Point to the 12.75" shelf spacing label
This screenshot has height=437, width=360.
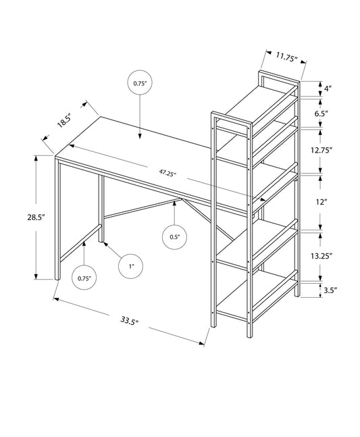330,149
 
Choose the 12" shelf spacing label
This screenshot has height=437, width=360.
326,201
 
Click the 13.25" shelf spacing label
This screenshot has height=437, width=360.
330,255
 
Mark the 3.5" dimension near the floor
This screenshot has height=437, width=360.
330,290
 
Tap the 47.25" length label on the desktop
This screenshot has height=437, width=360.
168,174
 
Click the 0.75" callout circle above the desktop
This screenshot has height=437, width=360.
140,83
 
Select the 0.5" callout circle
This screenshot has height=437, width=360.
174,236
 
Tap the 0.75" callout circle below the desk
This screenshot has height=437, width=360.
84,278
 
